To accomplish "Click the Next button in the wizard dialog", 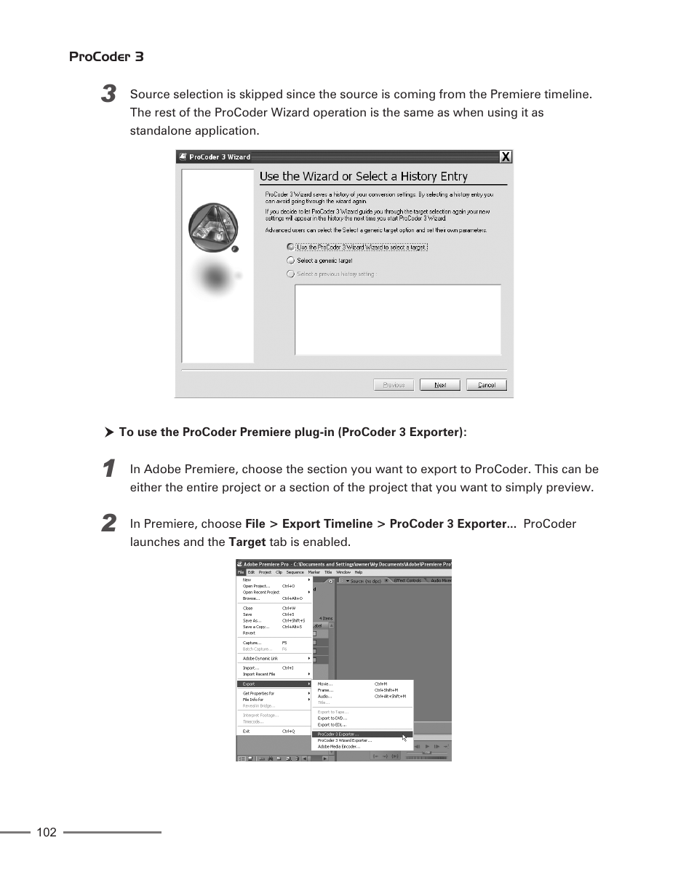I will click(x=440, y=385).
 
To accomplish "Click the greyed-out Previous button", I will click(x=394, y=385).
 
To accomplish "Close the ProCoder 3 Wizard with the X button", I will click(x=506, y=157).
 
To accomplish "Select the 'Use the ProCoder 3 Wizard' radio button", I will click(x=291, y=248).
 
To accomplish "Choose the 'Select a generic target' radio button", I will click(x=291, y=261).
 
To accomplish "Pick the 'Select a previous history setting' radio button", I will click(x=291, y=274).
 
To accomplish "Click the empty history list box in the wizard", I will click(x=397, y=320).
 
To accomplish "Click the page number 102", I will click(x=46, y=832).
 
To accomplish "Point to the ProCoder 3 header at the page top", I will click(x=106, y=57).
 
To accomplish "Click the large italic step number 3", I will click(x=108, y=94).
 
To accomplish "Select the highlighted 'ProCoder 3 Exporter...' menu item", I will click(x=338, y=735).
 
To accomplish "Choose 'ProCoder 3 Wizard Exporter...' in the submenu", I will click(x=345, y=740).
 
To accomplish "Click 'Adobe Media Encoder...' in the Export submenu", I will click(x=339, y=746).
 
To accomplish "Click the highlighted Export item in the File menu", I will click(x=250, y=684).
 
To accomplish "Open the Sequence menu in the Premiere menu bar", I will click(x=295, y=572).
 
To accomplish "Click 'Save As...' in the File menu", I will click(x=252, y=621).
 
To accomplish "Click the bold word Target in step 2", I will click(x=247, y=542).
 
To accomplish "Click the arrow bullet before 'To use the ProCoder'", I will click(x=109, y=432).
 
